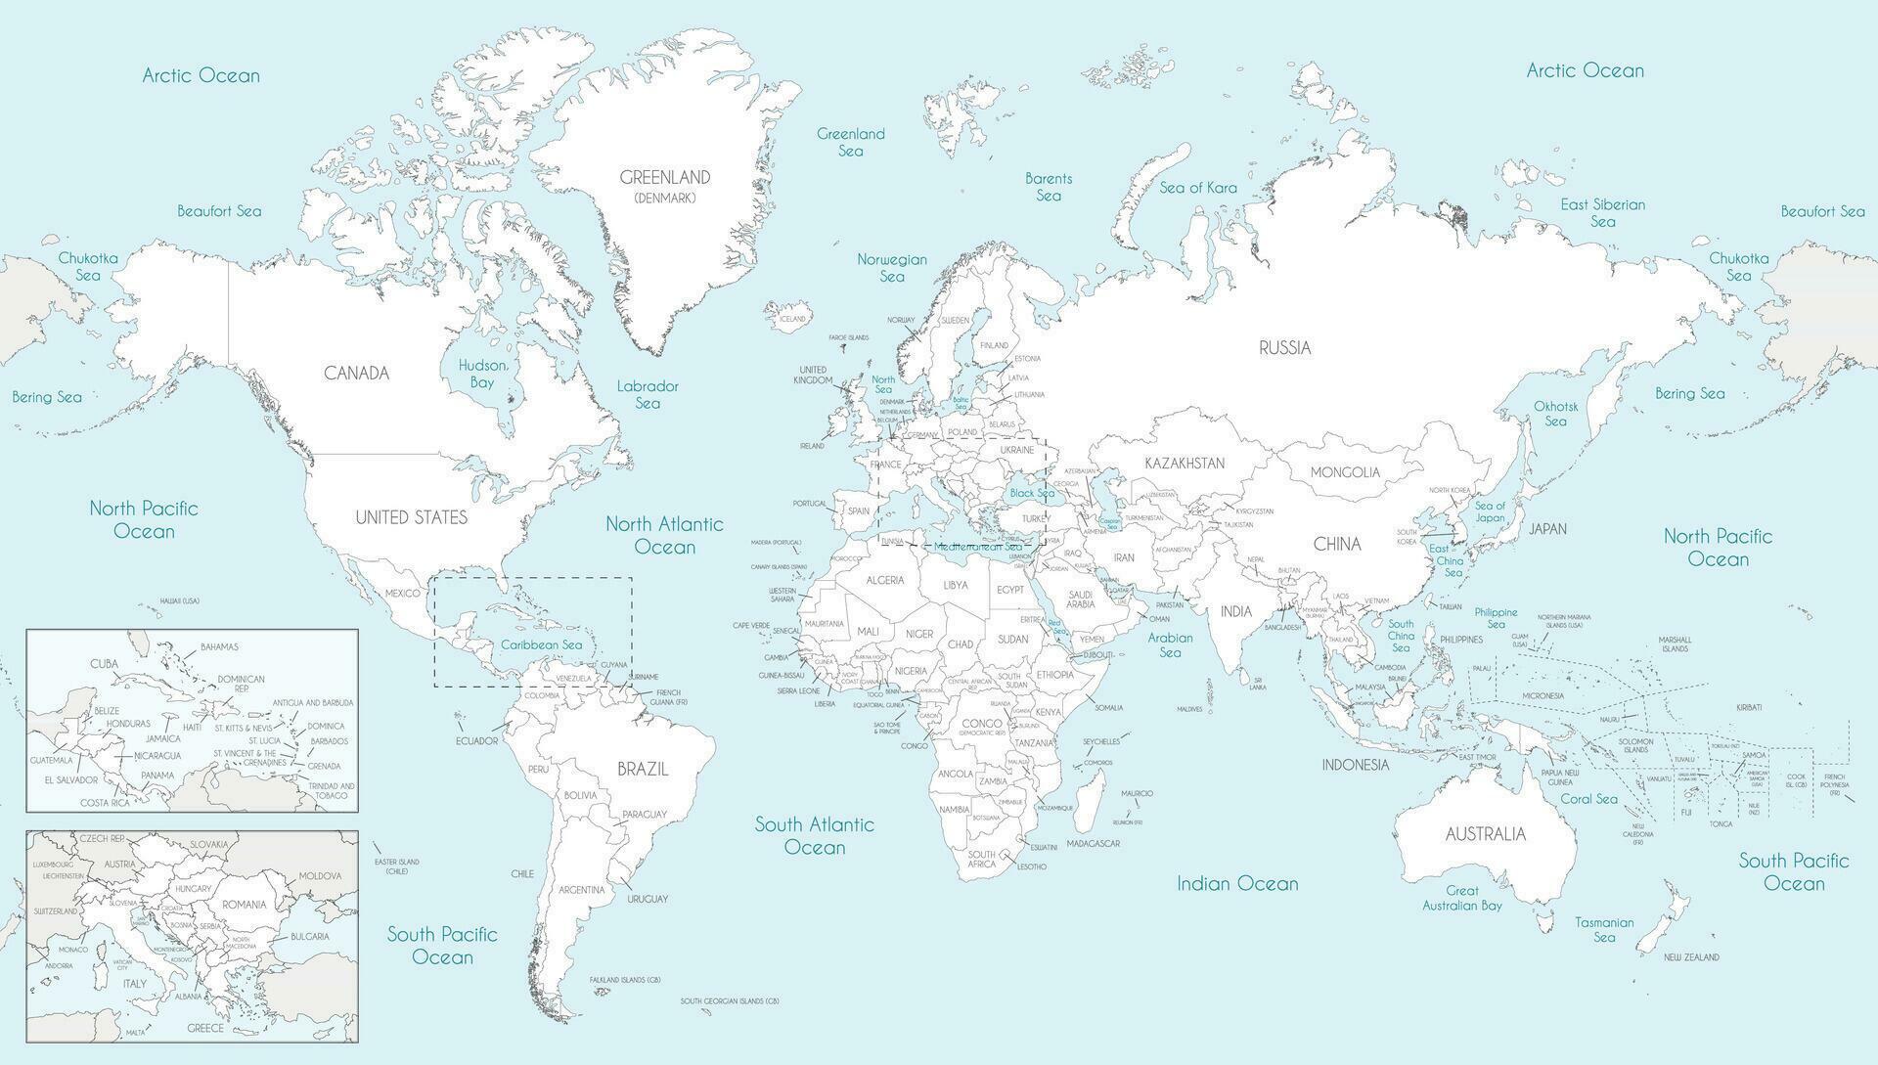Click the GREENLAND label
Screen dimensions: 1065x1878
665,178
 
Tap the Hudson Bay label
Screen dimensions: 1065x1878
483,374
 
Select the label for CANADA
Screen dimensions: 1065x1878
357,373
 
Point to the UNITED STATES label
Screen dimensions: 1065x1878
411,517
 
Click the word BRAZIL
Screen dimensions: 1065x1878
643,769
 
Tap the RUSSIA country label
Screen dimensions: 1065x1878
1284,347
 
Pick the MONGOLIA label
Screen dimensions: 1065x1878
1345,472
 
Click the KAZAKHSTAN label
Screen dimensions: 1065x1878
1184,464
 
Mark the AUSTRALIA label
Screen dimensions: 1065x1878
1485,834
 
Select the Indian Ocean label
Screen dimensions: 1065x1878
1237,884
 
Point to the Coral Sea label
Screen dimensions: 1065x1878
1588,799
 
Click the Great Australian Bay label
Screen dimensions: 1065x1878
1462,898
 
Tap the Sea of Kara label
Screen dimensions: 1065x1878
1198,188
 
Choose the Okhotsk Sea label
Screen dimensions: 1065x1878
1555,413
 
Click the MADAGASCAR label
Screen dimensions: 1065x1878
1093,843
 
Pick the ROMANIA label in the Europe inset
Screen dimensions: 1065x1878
244,904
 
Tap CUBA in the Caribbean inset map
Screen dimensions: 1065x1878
104,664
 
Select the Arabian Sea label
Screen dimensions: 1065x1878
1170,644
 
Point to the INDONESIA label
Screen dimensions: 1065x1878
1356,765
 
